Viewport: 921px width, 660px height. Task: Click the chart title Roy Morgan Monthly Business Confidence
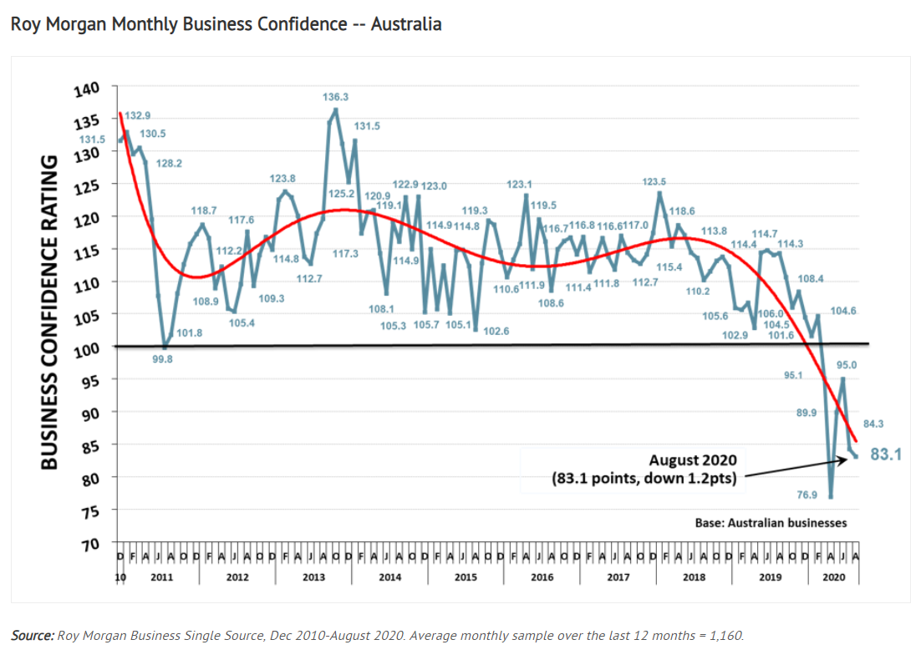[x=226, y=24]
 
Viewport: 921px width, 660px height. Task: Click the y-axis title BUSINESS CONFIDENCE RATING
[x=49, y=311]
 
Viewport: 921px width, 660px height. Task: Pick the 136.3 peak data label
[x=336, y=98]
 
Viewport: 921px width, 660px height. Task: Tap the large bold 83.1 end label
[x=887, y=455]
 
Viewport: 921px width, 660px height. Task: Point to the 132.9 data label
[x=138, y=115]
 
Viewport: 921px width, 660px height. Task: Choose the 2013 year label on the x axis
[x=313, y=577]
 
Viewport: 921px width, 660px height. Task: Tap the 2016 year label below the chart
[x=542, y=577]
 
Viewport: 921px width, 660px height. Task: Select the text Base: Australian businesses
[x=771, y=523]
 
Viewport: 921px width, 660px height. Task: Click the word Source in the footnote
[x=31, y=636]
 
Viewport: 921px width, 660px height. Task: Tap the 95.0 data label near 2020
[x=846, y=365]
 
